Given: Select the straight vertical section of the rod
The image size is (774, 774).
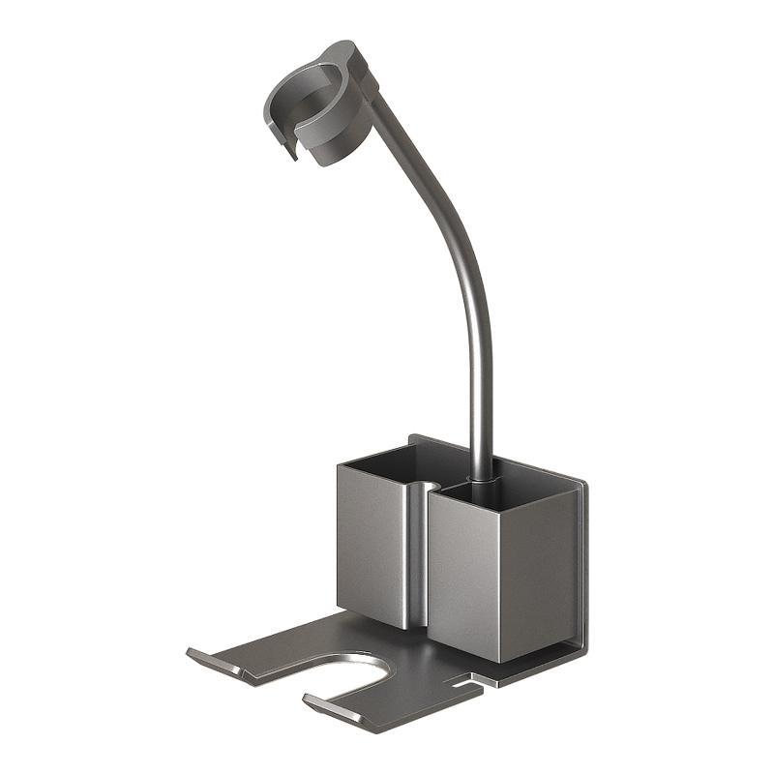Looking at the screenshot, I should (x=481, y=387).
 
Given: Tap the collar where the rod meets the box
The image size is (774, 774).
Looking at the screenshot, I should (x=481, y=475).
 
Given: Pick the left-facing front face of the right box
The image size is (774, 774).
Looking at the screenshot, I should (x=464, y=571).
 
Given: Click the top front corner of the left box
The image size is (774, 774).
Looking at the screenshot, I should (x=339, y=467).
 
